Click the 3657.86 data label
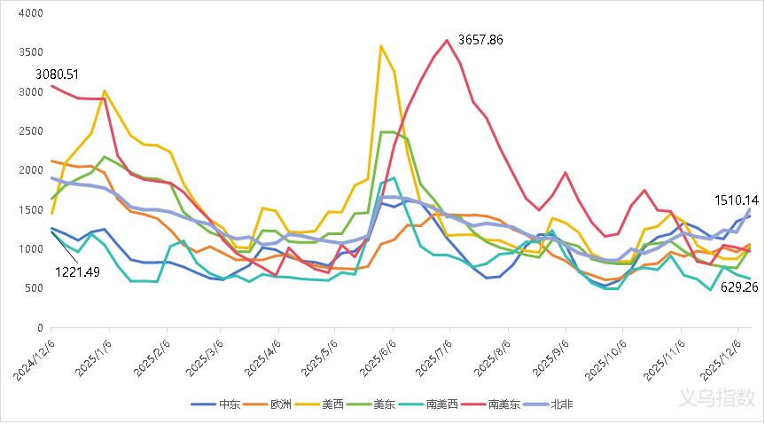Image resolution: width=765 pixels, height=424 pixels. click(480, 40)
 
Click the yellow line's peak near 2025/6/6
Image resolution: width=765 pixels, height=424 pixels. click(381, 46)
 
